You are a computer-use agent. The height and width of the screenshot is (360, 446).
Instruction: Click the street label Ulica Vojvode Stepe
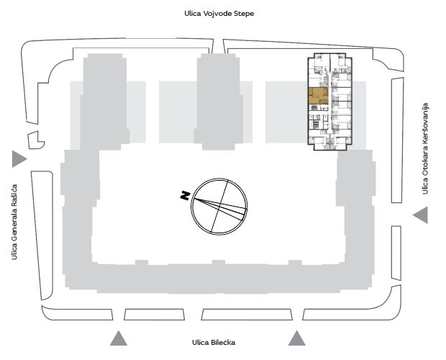coord(219,14)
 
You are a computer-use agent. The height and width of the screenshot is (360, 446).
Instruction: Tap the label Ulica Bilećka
coord(214,342)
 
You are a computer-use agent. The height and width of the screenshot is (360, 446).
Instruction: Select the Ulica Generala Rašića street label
coord(14,222)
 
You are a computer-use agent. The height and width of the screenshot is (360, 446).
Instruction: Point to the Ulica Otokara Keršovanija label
coord(425,148)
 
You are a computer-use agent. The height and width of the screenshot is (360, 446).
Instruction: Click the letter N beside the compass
coord(185,196)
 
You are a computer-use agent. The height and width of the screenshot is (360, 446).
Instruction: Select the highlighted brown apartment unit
coord(318,96)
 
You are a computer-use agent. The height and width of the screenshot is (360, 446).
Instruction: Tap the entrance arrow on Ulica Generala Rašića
coord(19,159)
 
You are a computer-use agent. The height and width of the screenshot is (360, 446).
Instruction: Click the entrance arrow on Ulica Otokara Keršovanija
coord(420,215)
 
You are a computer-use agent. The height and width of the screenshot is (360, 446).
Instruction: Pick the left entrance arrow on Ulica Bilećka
coord(119,338)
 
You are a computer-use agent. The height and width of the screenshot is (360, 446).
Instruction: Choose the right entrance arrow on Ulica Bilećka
coord(297,338)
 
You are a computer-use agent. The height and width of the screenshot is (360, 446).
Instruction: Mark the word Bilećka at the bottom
coord(223,342)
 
